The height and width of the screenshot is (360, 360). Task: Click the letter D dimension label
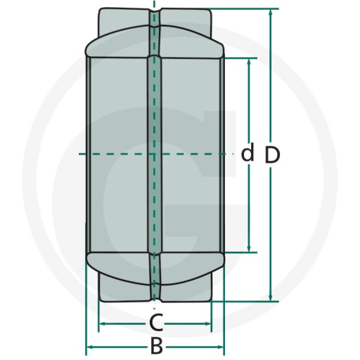pos(272,155)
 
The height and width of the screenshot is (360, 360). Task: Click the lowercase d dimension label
pos(247,153)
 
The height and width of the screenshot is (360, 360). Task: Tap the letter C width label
pos(156,322)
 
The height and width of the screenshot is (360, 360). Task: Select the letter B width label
pos(157,346)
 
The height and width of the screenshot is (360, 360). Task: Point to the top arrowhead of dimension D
pos(271,12)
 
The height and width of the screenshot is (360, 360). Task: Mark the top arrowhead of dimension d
pos(249,61)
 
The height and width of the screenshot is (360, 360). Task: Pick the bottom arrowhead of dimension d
pos(249,249)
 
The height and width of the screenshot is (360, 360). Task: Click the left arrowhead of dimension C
pos(102,324)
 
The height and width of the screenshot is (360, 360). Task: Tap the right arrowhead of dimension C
pos(207,324)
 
